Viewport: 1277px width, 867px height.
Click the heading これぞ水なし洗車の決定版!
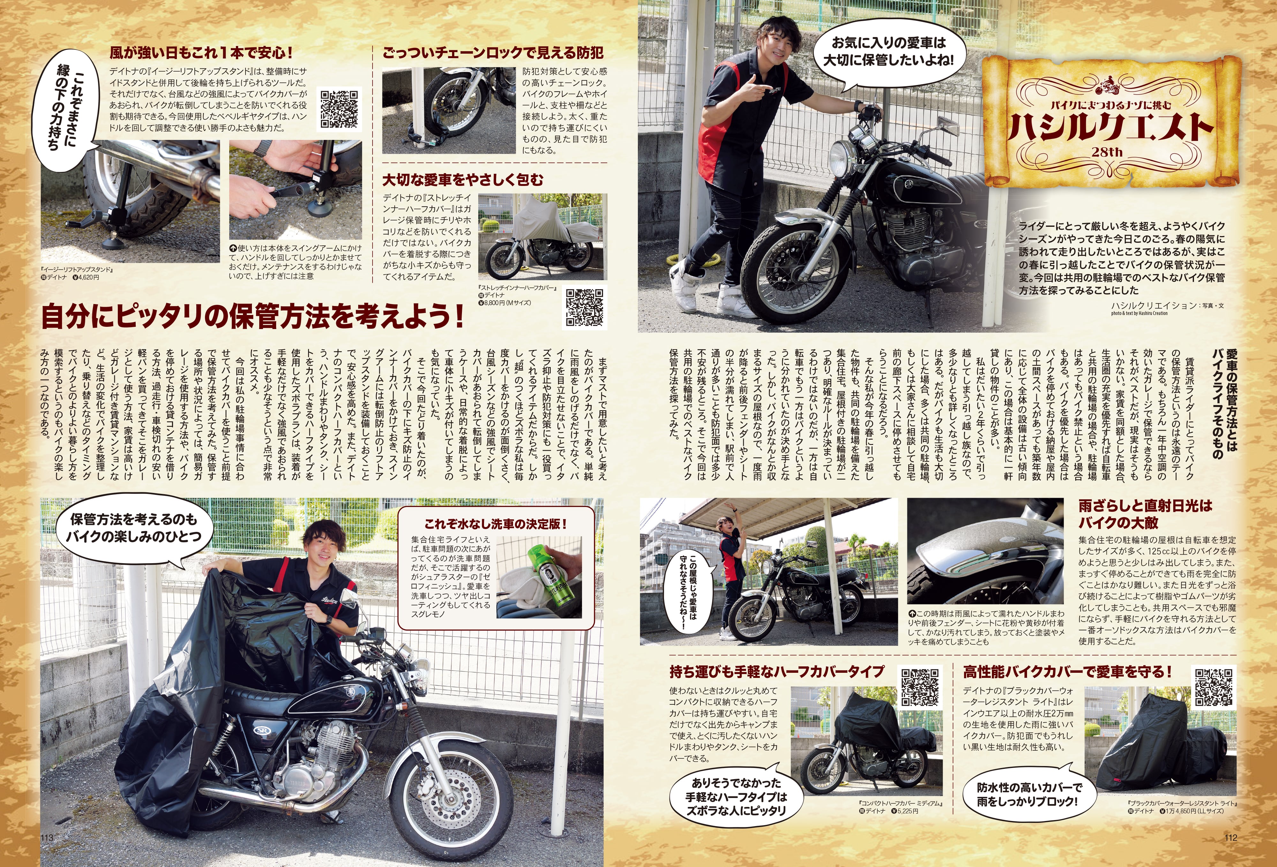tap(495, 524)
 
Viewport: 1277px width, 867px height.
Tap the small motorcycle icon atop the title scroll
tap(1107, 87)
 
